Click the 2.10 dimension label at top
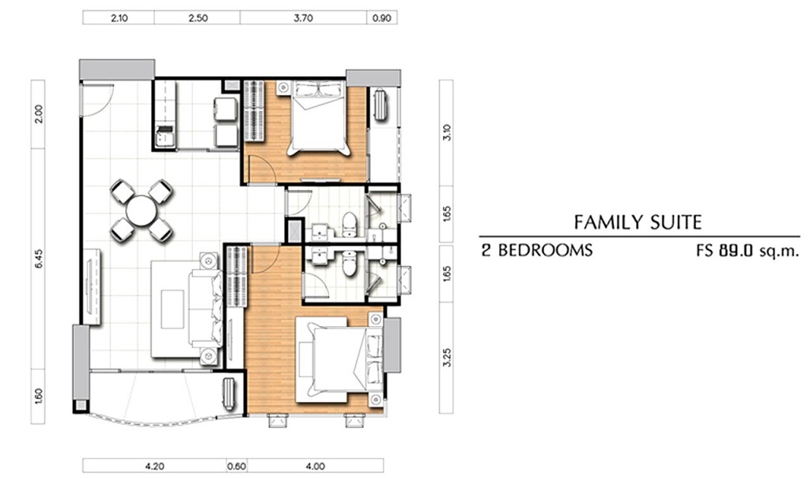click(x=119, y=18)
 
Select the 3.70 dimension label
click(x=303, y=18)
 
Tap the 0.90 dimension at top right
click(x=382, y=18)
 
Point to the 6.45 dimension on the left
click(x=39, y=258)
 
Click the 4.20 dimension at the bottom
click(x=154, y=466)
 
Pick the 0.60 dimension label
click(x=237, y=466)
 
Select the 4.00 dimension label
click(x=315, y=466)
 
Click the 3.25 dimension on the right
click(x=447, y=358)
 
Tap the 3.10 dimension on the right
click(x=447, y=133)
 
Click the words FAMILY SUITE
click(x=638, y=222)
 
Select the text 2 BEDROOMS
click(x=537, y=251)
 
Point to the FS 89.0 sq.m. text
click(x=747, y=251)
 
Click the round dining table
click(x=141, y=211)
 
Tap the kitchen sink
click(x=165, y=138)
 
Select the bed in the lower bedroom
click(x=339, y=359)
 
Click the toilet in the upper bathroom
click(x=350, y=225)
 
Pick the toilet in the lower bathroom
click(x=350, y=263)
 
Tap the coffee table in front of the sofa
click(x=172, y=309)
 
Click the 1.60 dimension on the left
click(x=39, y=396)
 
